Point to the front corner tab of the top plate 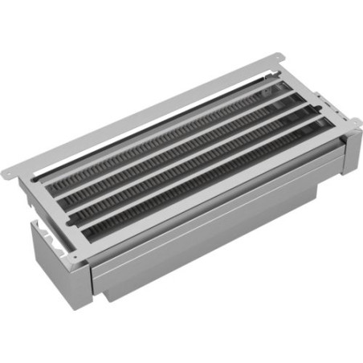pyautogui.click(x=75, y=255)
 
